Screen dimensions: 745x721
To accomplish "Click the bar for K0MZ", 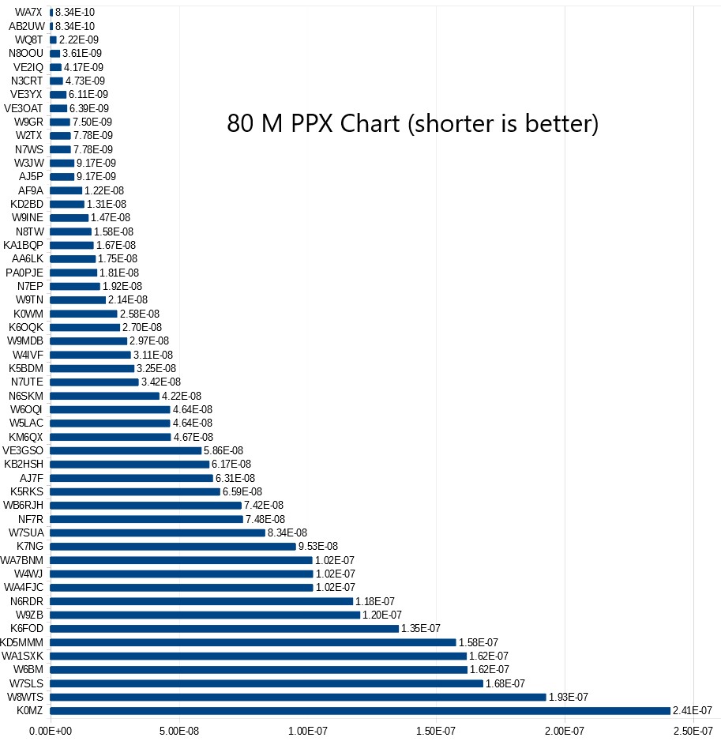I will click(x=359, y=711).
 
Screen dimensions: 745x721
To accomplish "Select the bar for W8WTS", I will click(x=298, y=697).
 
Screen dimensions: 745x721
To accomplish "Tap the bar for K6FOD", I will click(x=224, y=628).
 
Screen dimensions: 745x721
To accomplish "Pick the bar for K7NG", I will click(x=172, y=546).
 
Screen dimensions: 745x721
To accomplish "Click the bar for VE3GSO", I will click(x=126, y=450).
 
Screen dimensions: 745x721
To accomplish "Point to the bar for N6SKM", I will click(x=104, y=396).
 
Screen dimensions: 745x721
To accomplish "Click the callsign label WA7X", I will click(x=29, y=12).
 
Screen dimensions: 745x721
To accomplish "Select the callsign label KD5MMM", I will click(x=22, y=642).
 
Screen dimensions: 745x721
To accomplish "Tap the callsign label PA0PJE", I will click(x=24, y=273).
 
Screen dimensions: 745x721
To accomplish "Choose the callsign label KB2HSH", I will click(x=24, y=464).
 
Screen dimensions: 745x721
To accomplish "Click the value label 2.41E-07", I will click(x=693, y=711).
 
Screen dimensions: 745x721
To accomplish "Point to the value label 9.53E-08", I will click(x=317, y=546).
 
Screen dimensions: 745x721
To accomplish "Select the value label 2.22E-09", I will click(x=77, y=40).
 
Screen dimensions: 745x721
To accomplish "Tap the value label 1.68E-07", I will click(x=505, y=683).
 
